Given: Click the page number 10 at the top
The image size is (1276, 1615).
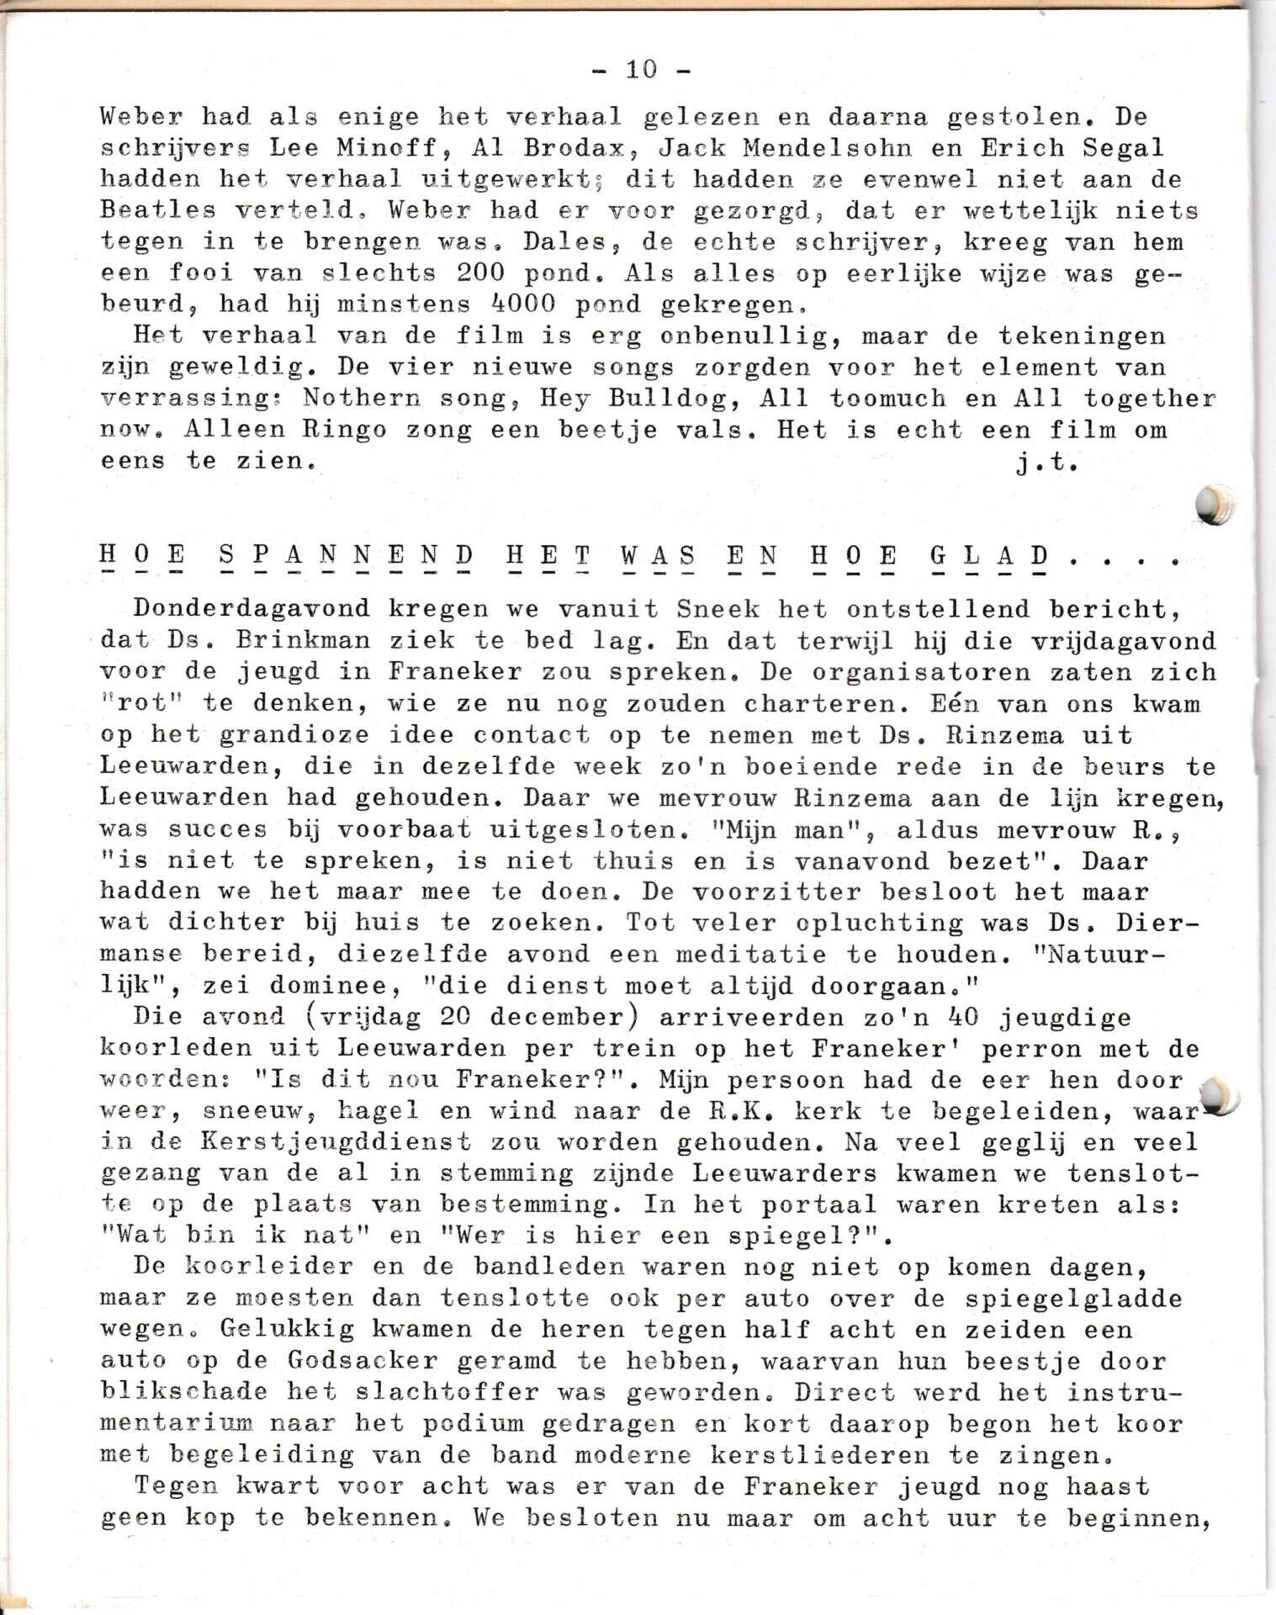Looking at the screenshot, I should [641, 69].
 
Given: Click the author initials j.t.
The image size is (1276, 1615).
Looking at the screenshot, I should [1047, 462].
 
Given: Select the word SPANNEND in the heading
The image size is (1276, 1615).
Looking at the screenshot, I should [346, 556].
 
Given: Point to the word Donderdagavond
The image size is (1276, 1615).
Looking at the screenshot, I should [252, 609].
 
